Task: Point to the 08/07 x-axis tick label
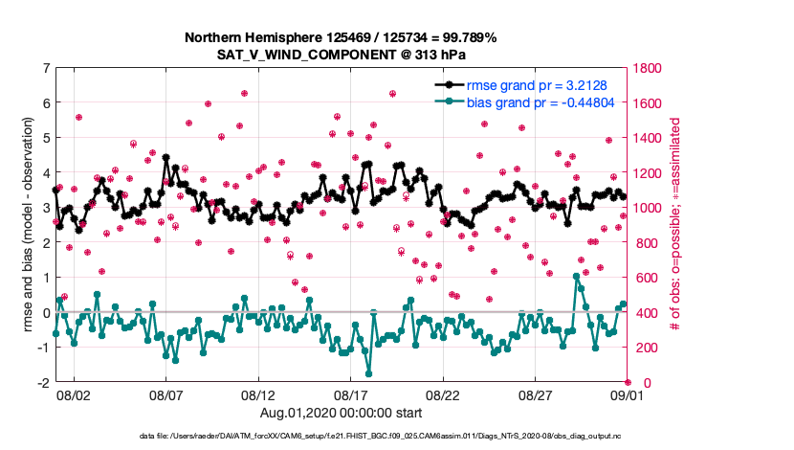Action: pos(166,394)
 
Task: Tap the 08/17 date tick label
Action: pos(351,394)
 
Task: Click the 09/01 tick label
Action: pos(627,394)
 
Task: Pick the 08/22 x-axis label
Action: pos(444,394)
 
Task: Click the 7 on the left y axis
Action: pos(46,69)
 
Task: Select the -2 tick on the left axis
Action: pos(44,382)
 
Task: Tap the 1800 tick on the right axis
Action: pos(648,69)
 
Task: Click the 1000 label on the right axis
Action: pos(648,208)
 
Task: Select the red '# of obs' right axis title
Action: pos(675,226)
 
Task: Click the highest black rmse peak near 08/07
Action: pos(166,156)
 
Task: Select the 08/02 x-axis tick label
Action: pos(74,394)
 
